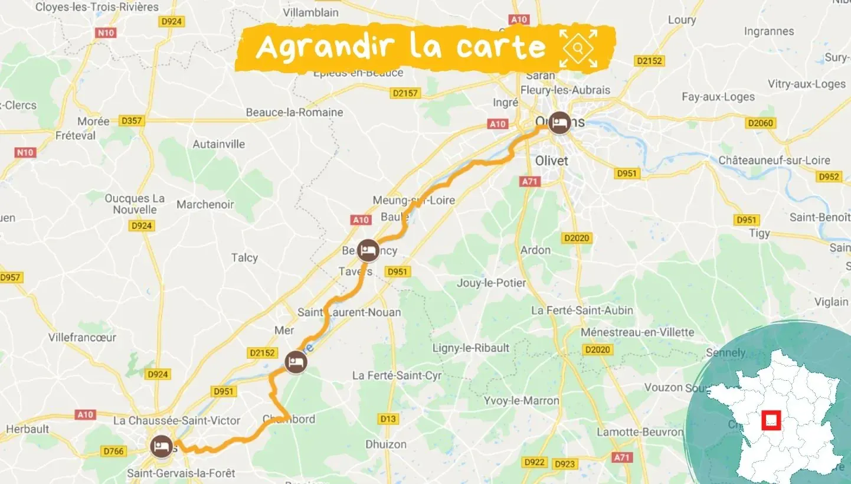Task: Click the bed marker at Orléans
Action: point(558,123)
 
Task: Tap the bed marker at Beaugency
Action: point(369,251)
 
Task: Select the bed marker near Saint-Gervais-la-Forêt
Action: point(161,446)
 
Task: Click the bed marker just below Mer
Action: point(296,362)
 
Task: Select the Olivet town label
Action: point(551,161)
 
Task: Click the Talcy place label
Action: point(244,257)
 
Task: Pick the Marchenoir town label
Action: point(205,205)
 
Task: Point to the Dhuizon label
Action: point(386,444)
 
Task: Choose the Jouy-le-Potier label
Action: point(491,283)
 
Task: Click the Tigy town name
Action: point(760,233)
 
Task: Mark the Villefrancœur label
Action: point(82,338)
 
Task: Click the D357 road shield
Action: point(131,121)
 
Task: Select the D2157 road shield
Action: point(405,93)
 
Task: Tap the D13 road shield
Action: point(388,419)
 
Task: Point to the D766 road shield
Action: point(113,452)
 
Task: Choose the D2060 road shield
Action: point(760,123)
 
